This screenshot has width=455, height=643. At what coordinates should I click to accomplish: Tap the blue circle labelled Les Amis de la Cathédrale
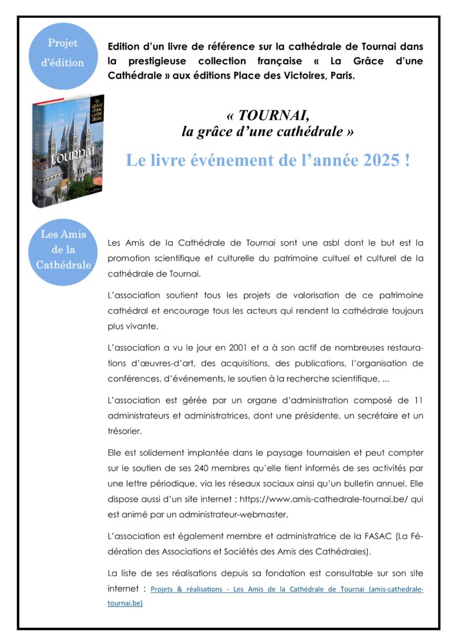63,251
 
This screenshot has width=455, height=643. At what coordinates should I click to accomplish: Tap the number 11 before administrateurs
419,400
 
